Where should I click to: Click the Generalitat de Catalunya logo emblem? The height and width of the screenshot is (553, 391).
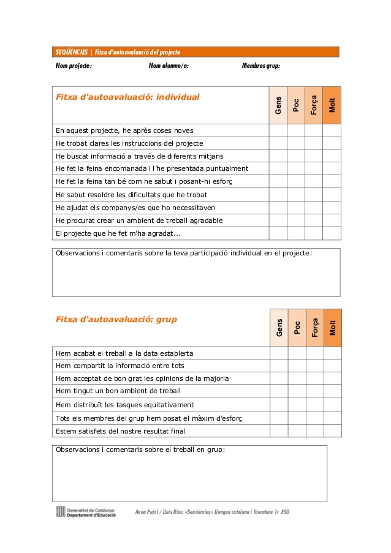pos(60,511)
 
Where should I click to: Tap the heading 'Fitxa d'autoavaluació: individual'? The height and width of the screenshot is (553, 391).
pos(127,97)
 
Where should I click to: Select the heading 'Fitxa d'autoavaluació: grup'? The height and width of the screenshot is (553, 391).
pos(116,319)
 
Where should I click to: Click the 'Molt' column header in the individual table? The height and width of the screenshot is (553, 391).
pos(332,105)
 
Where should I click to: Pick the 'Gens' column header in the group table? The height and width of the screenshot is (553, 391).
pos(279,328)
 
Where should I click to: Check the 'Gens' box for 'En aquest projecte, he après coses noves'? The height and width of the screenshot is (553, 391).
pos(278,130)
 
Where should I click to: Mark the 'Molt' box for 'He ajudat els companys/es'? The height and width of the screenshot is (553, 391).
pos(332,208)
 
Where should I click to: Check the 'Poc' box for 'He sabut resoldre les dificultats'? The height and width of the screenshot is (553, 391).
pos(295,195)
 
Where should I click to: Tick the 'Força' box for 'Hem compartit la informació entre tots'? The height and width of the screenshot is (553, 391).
pos(315,366)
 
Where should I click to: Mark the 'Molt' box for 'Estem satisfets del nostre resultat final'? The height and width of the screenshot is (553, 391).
pos(333,431)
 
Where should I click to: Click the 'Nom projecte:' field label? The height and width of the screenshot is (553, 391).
pos(74,66)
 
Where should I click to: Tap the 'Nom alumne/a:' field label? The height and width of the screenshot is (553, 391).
pos(169,66)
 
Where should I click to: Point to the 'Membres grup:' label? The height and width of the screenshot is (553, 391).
pos(261,66)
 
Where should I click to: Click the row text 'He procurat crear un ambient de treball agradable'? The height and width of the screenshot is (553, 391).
pos(139,220)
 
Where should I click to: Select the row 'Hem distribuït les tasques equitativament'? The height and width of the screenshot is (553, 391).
pos(124,405)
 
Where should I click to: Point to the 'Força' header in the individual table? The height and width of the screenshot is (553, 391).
pos(314,105)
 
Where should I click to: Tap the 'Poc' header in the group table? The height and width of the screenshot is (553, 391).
pos(297,328)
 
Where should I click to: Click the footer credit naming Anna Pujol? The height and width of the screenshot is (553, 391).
pos(212,511)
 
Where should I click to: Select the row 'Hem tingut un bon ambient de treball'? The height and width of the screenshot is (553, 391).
pos(118,391)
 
